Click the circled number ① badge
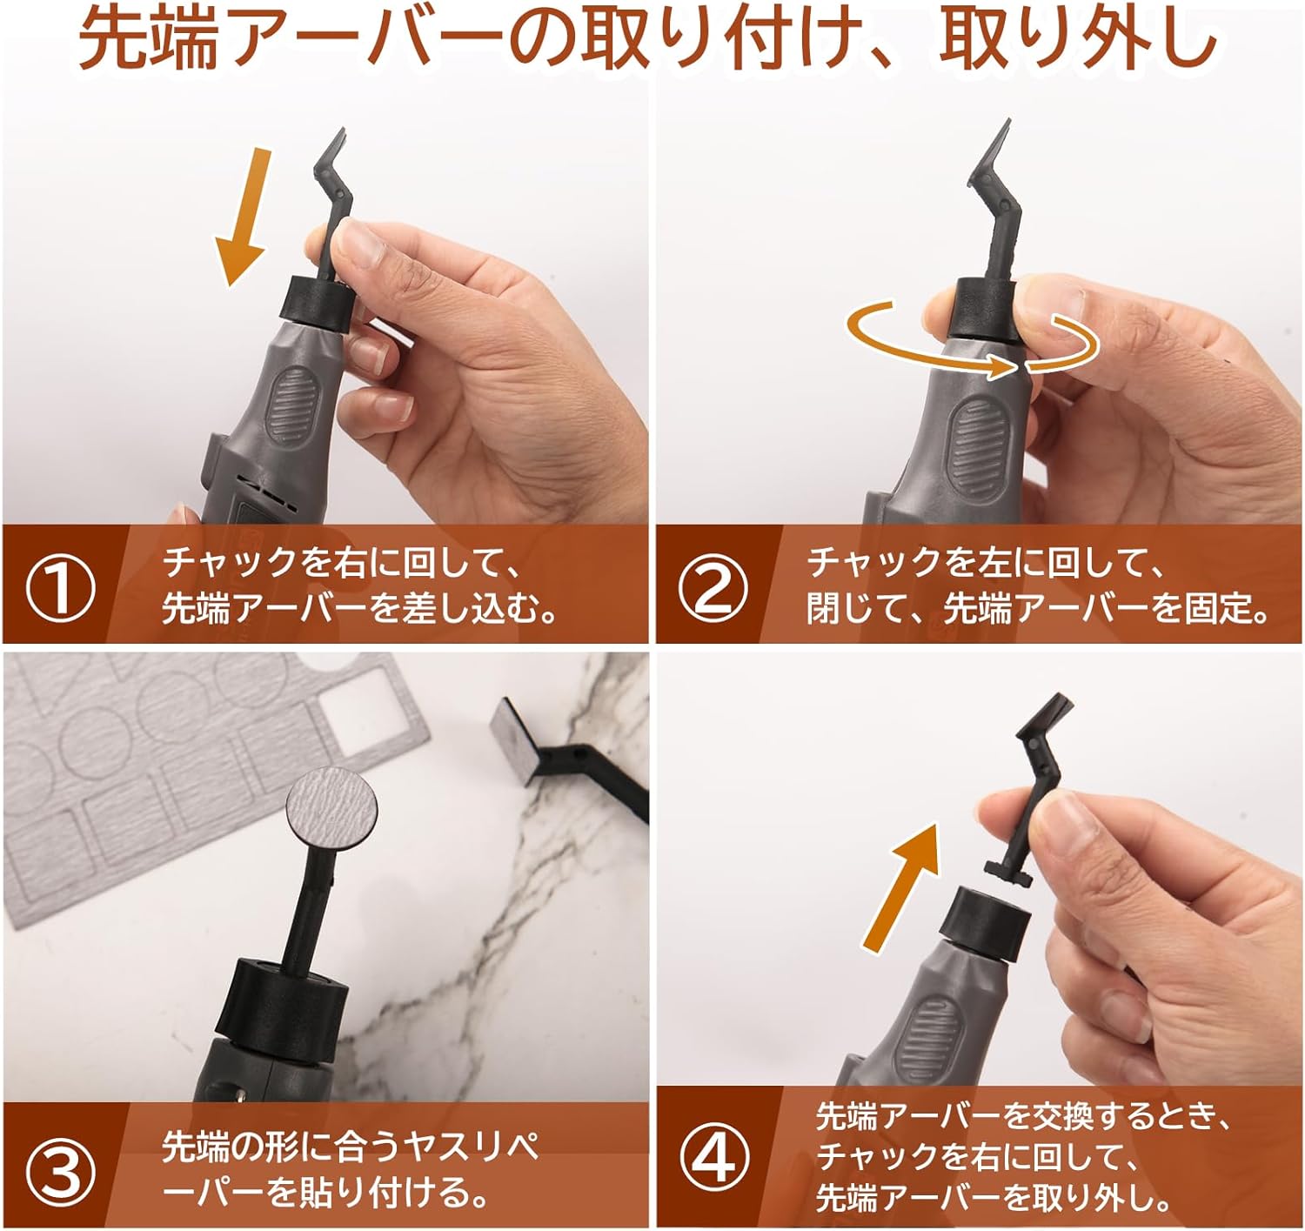tap(60, 588)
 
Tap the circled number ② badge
tap(713, 588)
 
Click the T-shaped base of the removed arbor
tap(1007, 871)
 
